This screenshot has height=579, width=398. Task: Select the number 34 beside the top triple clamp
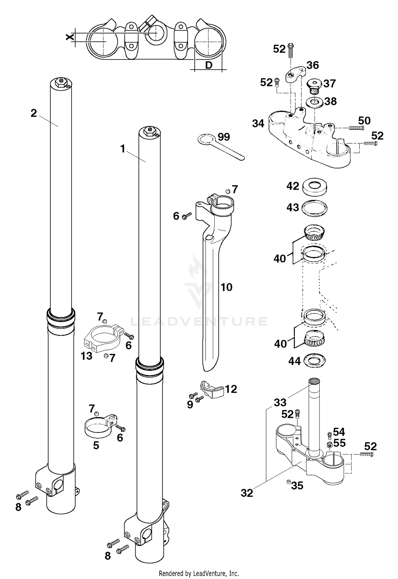pos(258,123)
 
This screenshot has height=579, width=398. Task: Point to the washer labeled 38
pos(314,102)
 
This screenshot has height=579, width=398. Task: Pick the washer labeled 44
pos(315,360)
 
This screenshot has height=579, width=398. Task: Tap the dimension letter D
pos(209,65)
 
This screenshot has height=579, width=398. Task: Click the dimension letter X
pos(70,37)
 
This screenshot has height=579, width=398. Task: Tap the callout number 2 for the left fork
pos(34,113)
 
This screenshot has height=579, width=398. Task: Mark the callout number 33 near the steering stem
pos(280,403)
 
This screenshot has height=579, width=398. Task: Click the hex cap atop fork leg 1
pos(149,131)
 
